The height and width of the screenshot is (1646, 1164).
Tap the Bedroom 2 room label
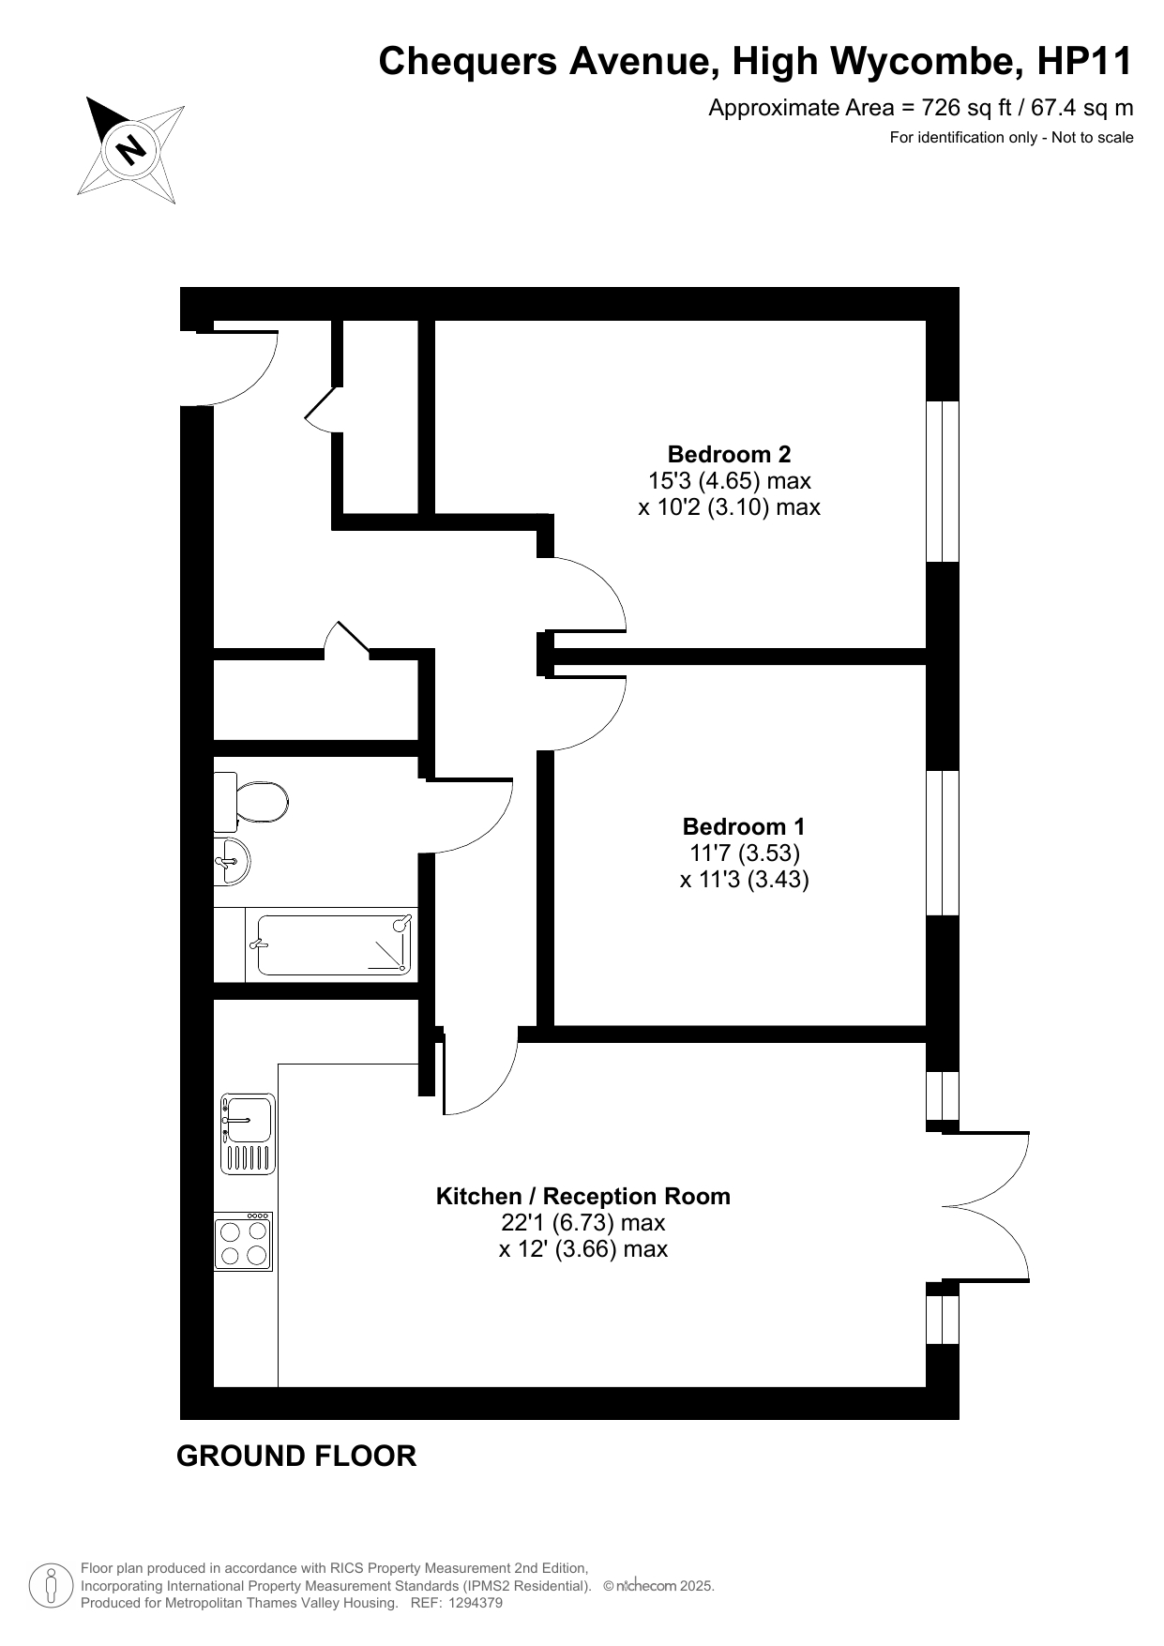pos(729,455)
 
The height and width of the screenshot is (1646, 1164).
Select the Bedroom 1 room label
pos(744,826)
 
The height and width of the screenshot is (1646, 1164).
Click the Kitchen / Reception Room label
pos(582,1197)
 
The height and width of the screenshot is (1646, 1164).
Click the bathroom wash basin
pos(231,861)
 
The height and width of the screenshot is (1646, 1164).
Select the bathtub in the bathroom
pos(335,944)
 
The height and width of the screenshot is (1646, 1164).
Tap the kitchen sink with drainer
pos(249,1134)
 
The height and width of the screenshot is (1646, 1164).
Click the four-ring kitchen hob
pos(244,1241)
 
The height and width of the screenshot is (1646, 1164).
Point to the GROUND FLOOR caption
pos(296,1456)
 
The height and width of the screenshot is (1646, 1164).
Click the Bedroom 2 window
pos(943,481)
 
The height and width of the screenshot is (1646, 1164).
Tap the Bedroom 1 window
pos(943,842)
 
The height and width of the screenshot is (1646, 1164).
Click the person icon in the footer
pos(51,1586)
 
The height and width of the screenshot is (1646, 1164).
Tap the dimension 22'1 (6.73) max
pos(582,1223)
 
